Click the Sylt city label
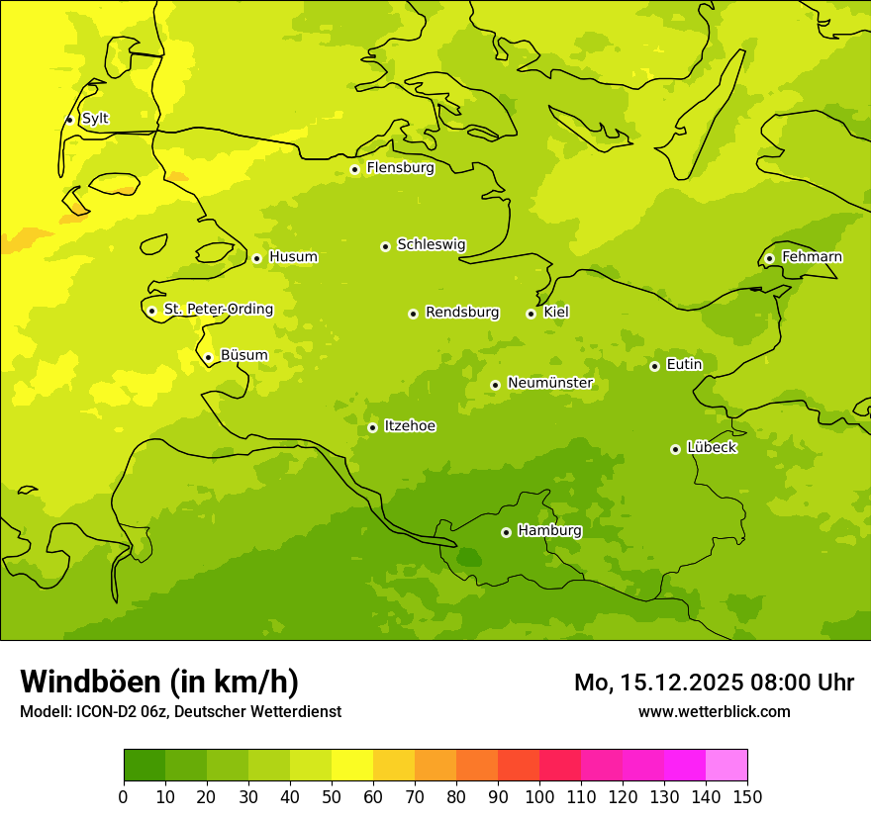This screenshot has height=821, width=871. pyautogui.click(x=95, y=119)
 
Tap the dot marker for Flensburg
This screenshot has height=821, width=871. pyautogui.click(x=354, y=169)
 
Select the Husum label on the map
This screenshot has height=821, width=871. pyautogui.click(x=293, y=257)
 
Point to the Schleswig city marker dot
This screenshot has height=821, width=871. pyautogui.click(x=385, y=246)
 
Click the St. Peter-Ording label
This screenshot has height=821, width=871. pyautogui.click(x=218, y=310)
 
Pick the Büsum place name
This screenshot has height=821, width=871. pyautogui.click(x=243, y=355)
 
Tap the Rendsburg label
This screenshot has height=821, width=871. pyautogui.click(x=461, y=313)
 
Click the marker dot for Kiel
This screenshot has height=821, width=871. pyautogui.click(x=531, y=314)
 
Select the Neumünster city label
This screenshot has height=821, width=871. pyautogui.click(x=549, y=383)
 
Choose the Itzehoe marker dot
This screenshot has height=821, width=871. pyautogui.click(x=372, y=427)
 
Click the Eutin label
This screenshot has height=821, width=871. pyautogui.click(x=684, y=365)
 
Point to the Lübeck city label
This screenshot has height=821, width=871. pyautogui.click(x=711, y=447)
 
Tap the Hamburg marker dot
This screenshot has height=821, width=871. pyautogui.click(x=506, y=532)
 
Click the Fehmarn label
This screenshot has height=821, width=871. pyautogui.click(x=812, y=257)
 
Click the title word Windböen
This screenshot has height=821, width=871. pyautogui.click(x=90, y=682)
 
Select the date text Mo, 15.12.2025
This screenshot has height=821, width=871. pyautogui.click(x=659, y=683)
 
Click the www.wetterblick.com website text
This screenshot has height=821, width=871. pyautogui.click(x=714, y=711)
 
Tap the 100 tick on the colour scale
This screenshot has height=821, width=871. pyautogui.click(x=539, y=796)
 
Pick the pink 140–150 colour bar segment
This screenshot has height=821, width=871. pyautogui.click(x=726, y=766)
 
